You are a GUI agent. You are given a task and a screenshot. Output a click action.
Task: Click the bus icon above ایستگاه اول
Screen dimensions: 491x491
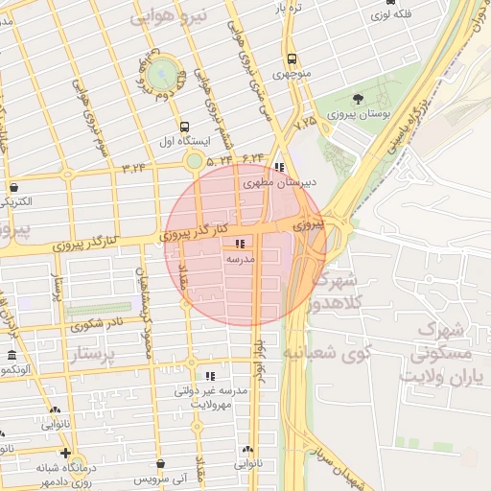pos(184,127)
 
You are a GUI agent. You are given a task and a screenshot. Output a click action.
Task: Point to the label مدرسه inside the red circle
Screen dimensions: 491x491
pos(239,259)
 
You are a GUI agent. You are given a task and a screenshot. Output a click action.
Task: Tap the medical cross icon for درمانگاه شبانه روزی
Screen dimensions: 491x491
pos(65,453)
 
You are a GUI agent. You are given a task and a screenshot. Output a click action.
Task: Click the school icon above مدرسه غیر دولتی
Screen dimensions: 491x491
pos(210,376)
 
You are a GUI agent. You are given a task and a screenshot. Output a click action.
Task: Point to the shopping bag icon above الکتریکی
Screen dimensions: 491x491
pos(13,187)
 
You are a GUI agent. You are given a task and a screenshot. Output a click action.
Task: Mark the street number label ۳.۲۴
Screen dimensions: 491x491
pos(134,168)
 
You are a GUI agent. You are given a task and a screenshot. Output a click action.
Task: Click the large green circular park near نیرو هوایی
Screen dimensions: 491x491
pos(165,70)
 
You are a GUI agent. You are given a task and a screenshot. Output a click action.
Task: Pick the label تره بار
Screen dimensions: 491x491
pos(290,8)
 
